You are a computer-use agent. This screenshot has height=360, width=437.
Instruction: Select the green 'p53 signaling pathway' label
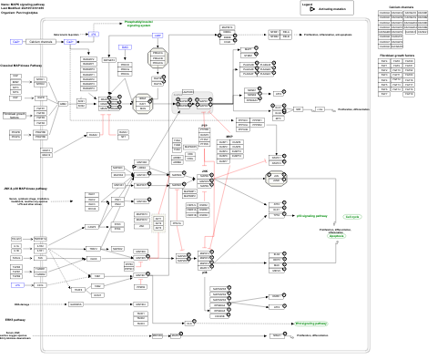310,216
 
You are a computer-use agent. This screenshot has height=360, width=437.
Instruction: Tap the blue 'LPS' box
16,259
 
